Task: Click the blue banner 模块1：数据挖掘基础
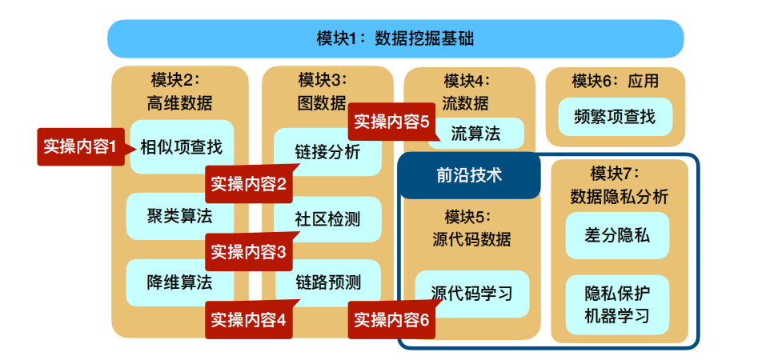click(x=395, y=38)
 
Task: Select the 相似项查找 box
click(x=182, y=148)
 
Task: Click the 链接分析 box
click(x=327, y=152)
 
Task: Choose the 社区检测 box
click(x=327, y=218)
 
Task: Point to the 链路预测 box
click(x=327, y=282)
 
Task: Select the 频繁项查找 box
click(x=615, y=117)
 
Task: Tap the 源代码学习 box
click(x=472, y=293)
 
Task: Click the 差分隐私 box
click(x=617, y=235)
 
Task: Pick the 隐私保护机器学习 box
click(x=617, y=305)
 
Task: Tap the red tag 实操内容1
click(x=81, y=146)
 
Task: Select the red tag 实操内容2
click(x=248, y=183)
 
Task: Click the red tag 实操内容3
click(x=248, y=251)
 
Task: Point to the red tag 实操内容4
click(x=248, y=319)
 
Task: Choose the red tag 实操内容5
click(x=391, y=122)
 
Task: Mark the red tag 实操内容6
click(x=391, y=319)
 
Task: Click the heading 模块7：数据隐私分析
click(x=619, y=185)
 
